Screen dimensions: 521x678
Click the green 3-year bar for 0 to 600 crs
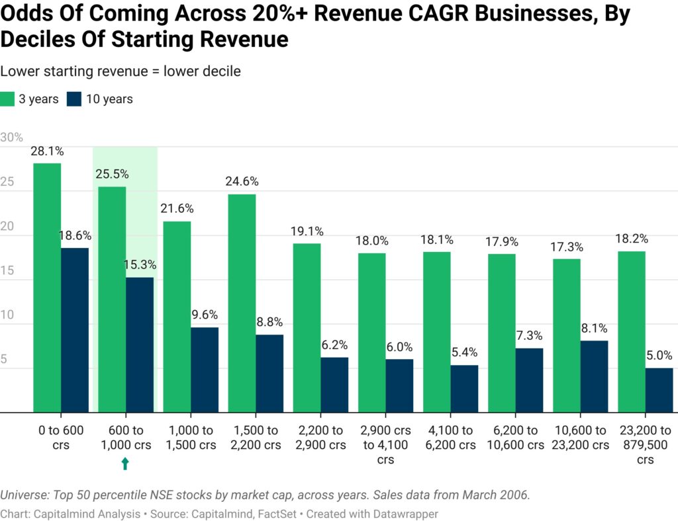[x=47, y=288]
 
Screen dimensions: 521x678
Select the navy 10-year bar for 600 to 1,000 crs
[x=140, y=344]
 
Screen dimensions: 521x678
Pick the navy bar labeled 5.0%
[x=659, y=390]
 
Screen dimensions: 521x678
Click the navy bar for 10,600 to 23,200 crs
[x=594, y=376]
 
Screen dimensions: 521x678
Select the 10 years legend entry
[x=99, y=99]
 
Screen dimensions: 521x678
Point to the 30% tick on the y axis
[x=12, y=138]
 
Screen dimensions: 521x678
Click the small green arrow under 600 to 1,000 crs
[x=125, y=464]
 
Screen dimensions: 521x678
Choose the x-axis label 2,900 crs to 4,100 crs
[x=385, y=444]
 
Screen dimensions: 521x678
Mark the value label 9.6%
[x=204, y=315]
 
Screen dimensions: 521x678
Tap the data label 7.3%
[x=529, y=335]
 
